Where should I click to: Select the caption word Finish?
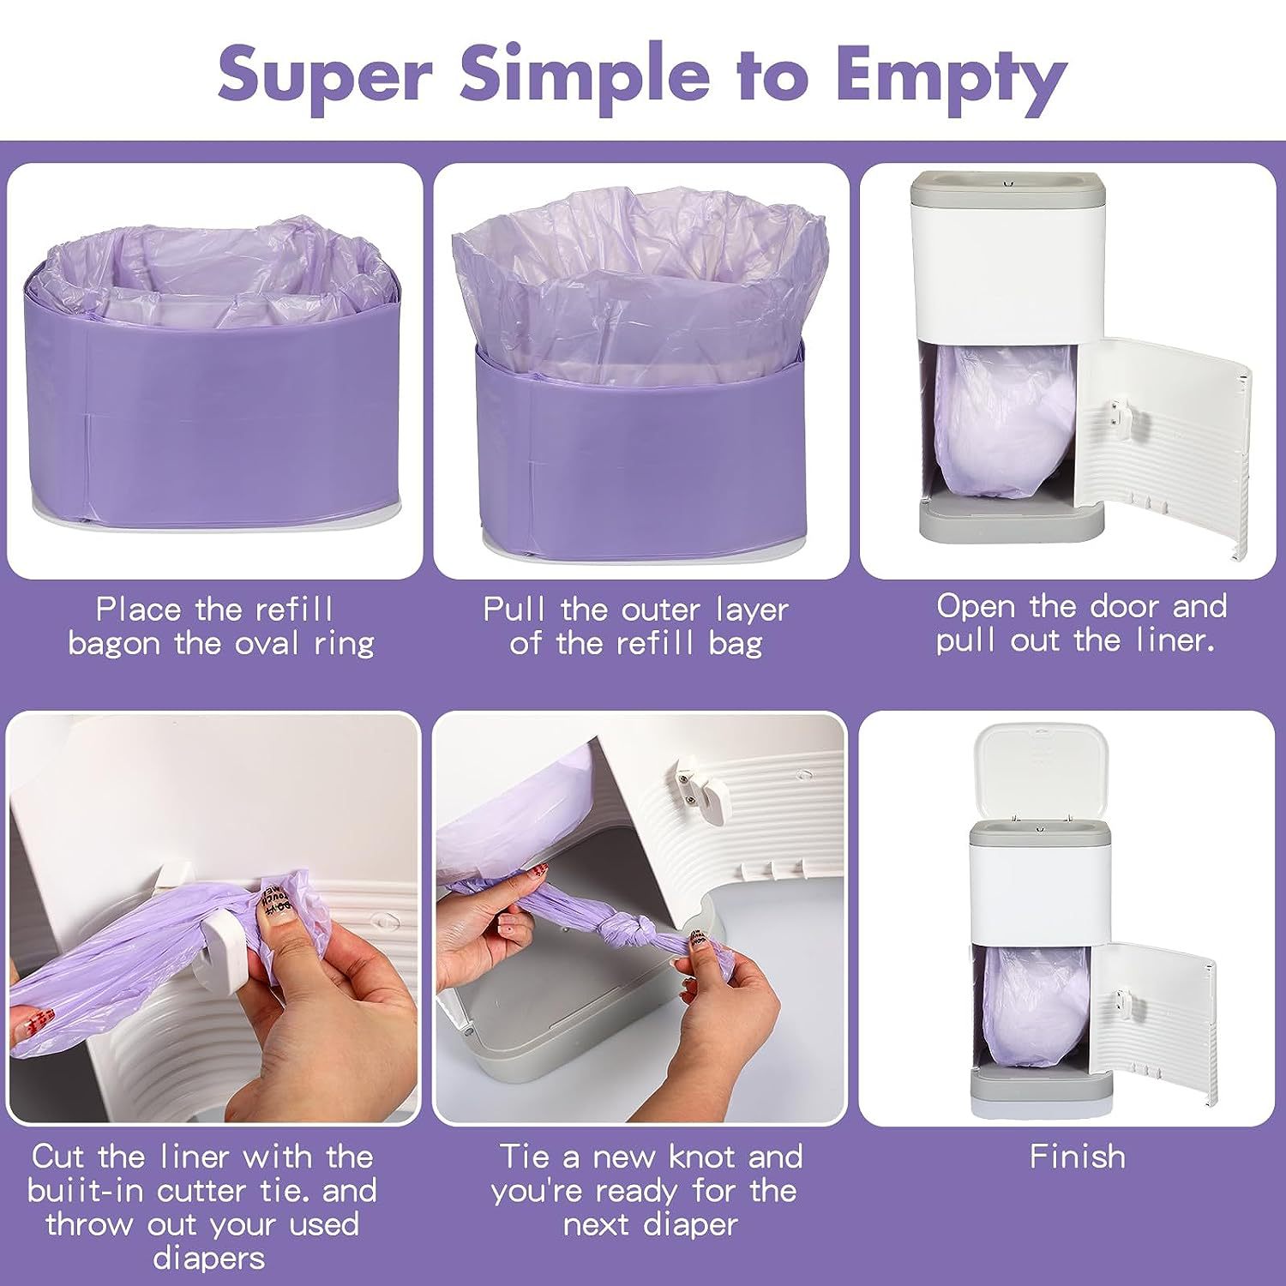(x=1077, y=1157)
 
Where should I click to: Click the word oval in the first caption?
(x=264, y=643)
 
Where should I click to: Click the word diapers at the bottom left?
(x=208, y=1259)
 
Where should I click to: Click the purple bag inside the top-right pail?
(x=999, y=420)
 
